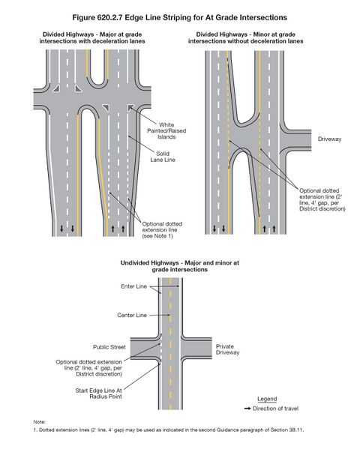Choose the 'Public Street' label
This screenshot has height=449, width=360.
[x=109, y=348]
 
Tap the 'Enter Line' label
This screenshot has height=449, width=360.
[x=133, y=286]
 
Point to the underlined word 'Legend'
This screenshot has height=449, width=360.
[x=267, y=398]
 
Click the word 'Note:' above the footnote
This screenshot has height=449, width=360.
[x=41, y=421]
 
